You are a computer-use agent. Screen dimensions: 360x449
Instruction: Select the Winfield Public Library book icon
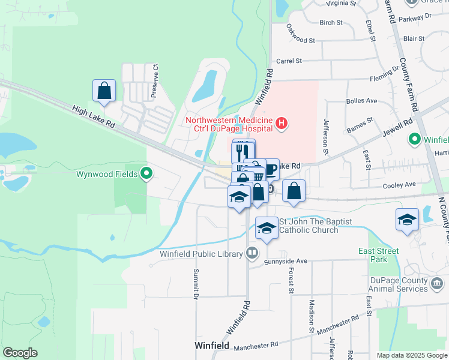[251, 253]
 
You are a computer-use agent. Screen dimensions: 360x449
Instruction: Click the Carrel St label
[288, 61]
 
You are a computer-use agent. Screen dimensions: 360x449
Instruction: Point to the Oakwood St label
[300, 34]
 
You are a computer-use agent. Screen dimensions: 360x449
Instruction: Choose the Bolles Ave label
[361, 101]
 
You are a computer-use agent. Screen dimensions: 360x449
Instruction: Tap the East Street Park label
[379, 255]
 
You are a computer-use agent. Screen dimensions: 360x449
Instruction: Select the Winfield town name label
[211, 346]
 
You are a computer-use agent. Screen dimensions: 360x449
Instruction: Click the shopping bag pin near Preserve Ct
[104, 91]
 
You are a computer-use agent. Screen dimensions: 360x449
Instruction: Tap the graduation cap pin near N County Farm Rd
[407, 219]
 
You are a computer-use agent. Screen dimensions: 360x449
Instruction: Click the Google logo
[20, 353]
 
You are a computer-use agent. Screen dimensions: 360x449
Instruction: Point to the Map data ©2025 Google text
[411, 355]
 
